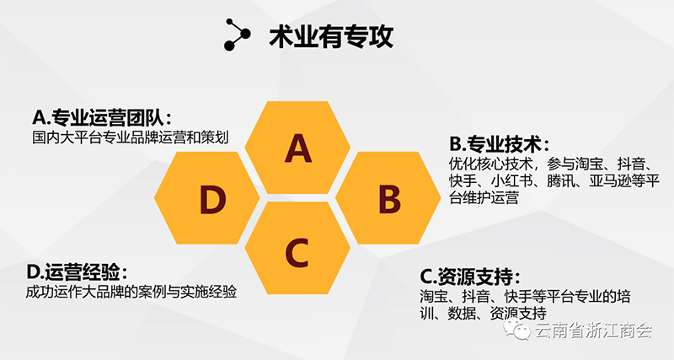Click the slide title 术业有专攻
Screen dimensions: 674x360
[x=331, y=36]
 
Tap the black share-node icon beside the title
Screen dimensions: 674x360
[x=237, y=35]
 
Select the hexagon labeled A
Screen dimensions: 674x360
[x=297, y=147]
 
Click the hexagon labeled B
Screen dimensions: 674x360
[x=388, y=198]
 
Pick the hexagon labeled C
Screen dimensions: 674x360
[x=297, y=248]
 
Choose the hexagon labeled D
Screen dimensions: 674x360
[x=206, y=198]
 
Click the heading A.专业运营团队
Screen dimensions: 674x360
[x=102, y=117]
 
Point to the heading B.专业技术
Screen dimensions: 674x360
[x=500, y=144]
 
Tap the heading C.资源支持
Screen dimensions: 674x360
[x=470, y=277]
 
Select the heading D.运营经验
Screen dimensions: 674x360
[x=77, y=271]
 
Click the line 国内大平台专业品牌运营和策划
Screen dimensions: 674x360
[x=131, y=137]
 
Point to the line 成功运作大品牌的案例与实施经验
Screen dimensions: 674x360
[x=131, y=292]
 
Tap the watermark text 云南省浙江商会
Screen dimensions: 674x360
[x=594, y=330]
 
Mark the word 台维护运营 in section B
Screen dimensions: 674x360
[x=484, y=197]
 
